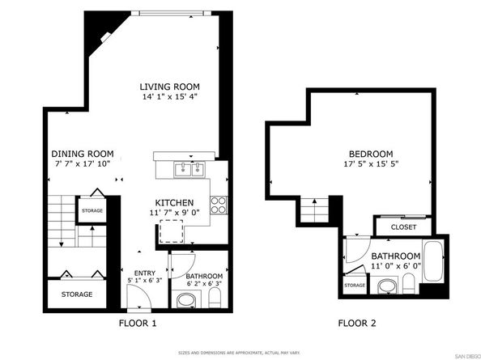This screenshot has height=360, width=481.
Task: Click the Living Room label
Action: (x=169, y=87)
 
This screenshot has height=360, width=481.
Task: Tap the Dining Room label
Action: (x=82, y=154)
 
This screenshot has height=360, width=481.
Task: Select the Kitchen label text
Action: (x=174, y=202)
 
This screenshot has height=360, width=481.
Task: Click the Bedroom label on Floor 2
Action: (x=370, y=154)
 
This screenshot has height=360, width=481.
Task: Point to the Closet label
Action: (x=403, y=227)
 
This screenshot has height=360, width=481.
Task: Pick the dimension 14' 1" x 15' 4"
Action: (x=169, y=97)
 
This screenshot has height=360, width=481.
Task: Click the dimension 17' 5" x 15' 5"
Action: (x=370, y=164)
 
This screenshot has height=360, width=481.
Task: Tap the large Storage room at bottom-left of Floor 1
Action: (x=77, y=294)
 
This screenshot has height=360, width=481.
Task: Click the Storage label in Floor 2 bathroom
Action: (x=355, y=286)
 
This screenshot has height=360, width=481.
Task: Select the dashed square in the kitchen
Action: (x=170, y=232)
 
